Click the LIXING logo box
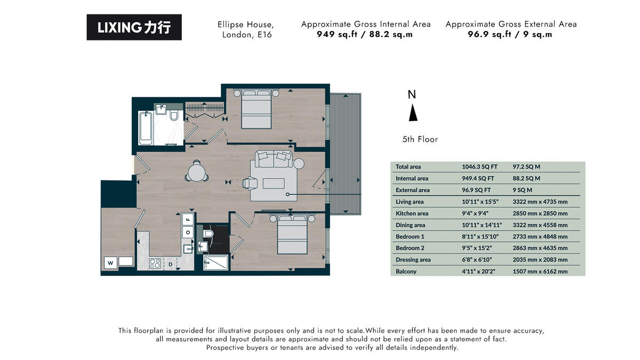[x=134, y=27]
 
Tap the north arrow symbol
[x=412, y=113]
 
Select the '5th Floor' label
[x=420, y=139]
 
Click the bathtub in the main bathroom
[x=145, y=128]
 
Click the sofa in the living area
[x=274, y=158]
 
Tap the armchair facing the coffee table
[x=250, y=183]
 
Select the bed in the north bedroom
[x=257, y=109]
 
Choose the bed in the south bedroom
[x=292, y=236]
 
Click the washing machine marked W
[x=110, y=262]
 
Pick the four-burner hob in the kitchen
[x=155, y=263]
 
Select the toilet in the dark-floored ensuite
[x=209, y=233]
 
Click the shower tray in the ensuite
[x=215, y=262]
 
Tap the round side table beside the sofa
[x=298, y=163]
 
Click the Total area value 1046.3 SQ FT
[x=478, y=167]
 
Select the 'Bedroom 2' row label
[x=410, y=248]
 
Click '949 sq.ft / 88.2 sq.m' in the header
[x=365, y=35]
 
